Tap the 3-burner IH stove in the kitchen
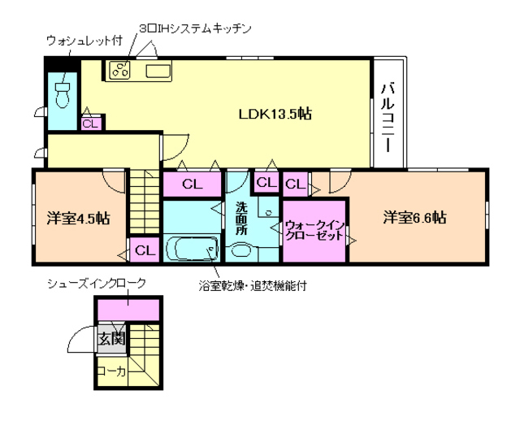[x=121, y=71]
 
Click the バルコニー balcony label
[x=388, y=117]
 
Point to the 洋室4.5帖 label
[x=78, y=218]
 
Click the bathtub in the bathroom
[x=192, y=247]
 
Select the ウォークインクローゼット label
[x=314, y=229]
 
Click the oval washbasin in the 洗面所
[x=240, y=250]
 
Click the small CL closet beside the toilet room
[x=90, y=124]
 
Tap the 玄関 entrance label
[x=110, y=339]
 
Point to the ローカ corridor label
[x=110, y=371]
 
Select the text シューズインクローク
[x=97, y=283]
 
